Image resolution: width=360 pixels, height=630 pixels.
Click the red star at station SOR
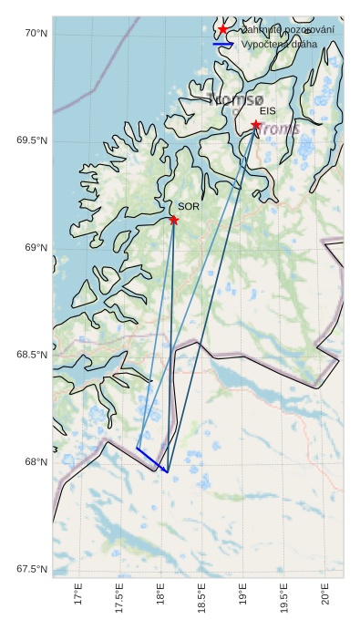click(173, 220)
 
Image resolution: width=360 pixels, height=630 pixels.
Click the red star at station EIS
click(256, 125)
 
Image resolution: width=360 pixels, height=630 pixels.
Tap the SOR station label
click(189, 207)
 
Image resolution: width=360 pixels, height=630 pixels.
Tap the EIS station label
click(267, 110)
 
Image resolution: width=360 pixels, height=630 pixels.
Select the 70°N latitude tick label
click(35, 34)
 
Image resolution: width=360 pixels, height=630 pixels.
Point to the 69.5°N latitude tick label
click(31, 140)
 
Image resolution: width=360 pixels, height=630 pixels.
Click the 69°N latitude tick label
click(35, 248)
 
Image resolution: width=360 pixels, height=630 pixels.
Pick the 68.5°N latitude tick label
click(31, 355)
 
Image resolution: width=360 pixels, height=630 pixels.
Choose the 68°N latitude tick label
click(35, 462)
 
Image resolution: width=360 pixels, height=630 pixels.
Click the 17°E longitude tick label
click(78, 597)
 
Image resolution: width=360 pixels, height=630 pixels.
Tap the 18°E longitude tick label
click(161, 597)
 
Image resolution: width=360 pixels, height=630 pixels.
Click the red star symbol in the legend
click(223, 30)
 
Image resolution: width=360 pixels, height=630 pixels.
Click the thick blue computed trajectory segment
click(152, 460)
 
